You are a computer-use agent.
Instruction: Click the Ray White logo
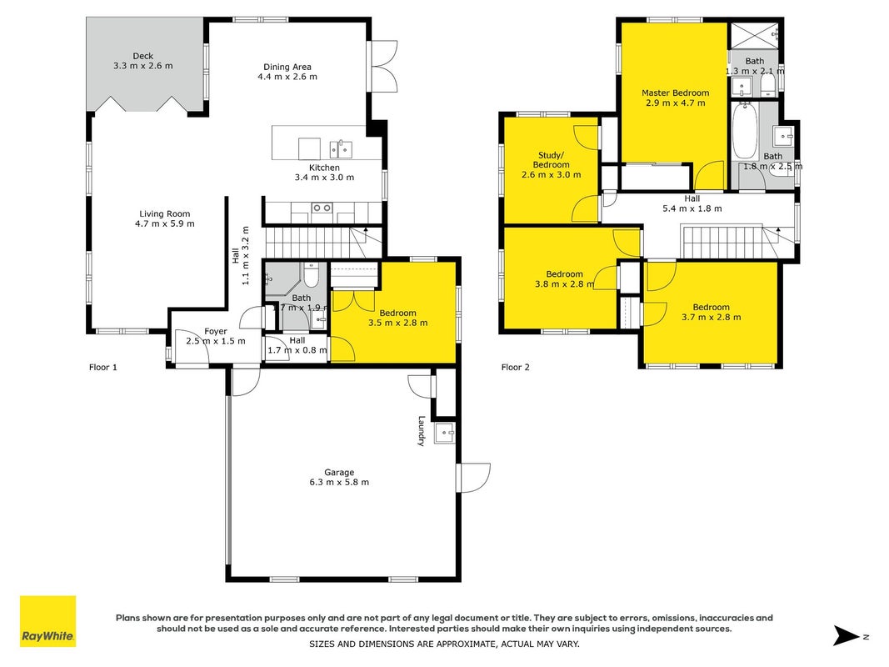pos(47,621)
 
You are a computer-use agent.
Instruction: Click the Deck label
pos(142,56)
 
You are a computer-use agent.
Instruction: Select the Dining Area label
pos(287,67)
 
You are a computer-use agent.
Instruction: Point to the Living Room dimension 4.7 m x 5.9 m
pos(164,223)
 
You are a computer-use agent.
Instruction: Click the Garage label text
pos(339,472)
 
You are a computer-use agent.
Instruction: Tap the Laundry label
pos(422,431)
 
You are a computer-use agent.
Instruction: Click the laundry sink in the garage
pos(445,433)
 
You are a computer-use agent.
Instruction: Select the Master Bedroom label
pos(675,93)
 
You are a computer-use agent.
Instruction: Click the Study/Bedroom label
pos(551,160)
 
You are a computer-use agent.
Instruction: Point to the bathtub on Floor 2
pos(744,130)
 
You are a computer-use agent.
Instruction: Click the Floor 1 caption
pos(103,367)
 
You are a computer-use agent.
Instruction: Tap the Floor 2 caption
pos(516,367)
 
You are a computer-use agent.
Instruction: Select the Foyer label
pos(216,331)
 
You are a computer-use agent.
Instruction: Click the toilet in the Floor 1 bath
pos(312,274)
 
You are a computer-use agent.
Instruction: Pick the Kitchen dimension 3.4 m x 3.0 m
pos(324,177)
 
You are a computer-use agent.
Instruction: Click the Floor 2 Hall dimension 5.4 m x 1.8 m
pos(692,208)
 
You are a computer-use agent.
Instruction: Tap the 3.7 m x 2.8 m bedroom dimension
pos(711,317)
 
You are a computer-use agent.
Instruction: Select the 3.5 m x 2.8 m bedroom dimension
pos(398,323)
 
